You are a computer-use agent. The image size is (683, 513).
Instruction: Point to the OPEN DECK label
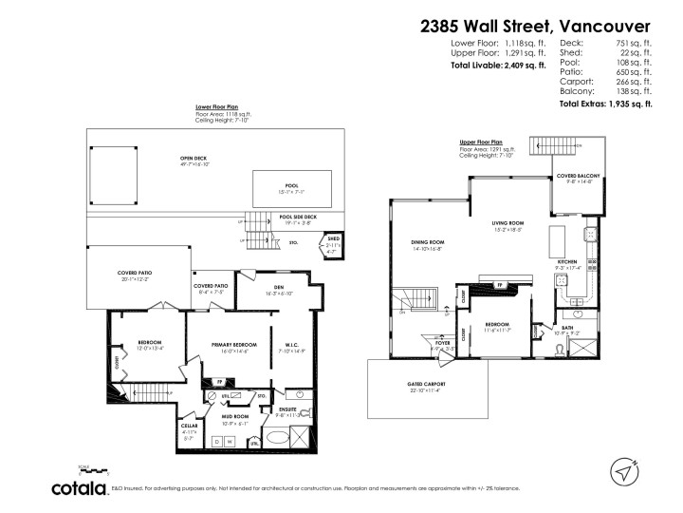(x=194, y=159)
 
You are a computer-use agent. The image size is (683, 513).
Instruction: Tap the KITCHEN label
(x=566, y=262)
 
